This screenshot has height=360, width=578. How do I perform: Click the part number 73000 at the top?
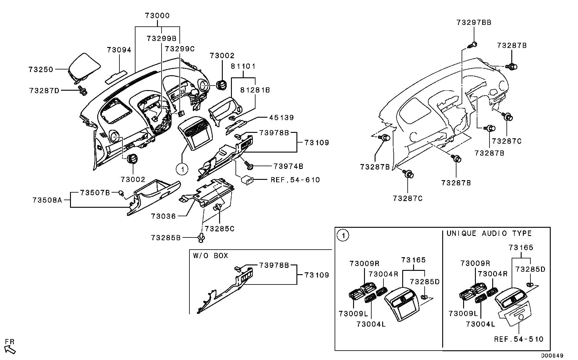tap(157, 15)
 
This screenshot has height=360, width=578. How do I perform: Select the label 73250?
tap(41, 69)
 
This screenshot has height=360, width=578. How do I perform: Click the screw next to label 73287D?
tap(82, 90)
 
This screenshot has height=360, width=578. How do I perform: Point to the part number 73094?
tap(119, 50)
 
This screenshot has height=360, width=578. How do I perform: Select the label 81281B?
tap(255, 90)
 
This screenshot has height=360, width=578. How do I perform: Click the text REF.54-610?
tap(295, 180)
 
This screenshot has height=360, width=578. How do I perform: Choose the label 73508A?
tap(47, 200)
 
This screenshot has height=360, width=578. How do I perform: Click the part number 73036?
tap(163, 216)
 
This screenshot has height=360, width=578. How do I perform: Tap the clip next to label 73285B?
tap(201, 238)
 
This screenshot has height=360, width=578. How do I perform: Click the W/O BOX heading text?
tap(210, 256)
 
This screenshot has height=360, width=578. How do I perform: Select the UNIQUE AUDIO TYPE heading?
tap(489, 233)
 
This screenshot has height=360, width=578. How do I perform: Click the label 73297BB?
tap(474, 22)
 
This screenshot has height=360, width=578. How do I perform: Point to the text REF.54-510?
tap(519, 339)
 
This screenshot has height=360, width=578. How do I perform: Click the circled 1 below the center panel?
tap(182, 169)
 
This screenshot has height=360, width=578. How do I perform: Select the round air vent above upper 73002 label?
tap(222, 85)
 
